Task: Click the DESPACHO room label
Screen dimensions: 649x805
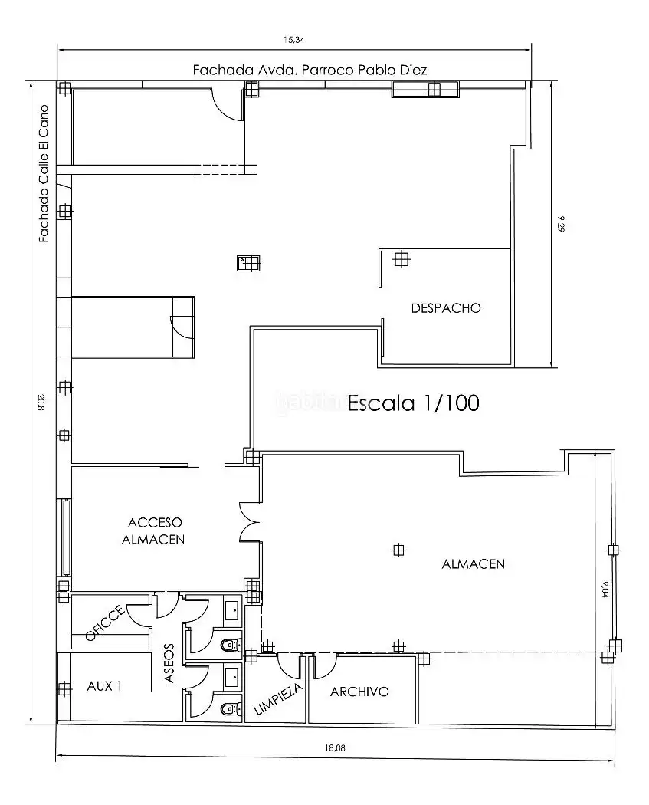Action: pyautogui.click(x=446, y=308)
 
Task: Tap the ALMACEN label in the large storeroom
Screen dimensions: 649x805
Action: pyautogui.click(x=473, y=564)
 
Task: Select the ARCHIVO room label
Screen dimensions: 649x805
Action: pyautogui.click(x=359, y=692)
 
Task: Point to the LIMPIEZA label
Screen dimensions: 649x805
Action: pyautogui.click(x=278, y=698)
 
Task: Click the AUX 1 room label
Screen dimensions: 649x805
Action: pyautogui.click(x=104, y=686)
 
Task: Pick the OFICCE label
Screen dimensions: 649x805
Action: pyautogui.click(x=105, y=623)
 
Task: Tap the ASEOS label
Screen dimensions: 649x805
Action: pyautogui.click(x=169, y=663)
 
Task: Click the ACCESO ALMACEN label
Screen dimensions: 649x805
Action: pyautogui.click(x=154, y=531)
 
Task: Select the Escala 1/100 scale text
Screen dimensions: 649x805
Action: pyautogui.click(x=414, y=403)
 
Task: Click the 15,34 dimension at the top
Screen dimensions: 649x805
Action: pyautogui.click(x=294, y=40)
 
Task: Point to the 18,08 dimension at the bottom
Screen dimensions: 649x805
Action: pyautogui.click(x=335, y=748)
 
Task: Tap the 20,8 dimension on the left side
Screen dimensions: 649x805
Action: pyautogui.click(x=41, y=402)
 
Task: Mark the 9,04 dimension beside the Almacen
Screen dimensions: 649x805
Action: pyautogui.click(x=605, y=590)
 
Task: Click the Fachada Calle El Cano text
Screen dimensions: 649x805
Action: pyautogui.click(x=44, y=173)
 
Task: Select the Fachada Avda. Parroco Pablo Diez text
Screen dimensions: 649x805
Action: pyautogui.click(x=310, y=70)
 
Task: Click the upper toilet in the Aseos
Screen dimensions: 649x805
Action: pyautogui.click(x=230, y=644)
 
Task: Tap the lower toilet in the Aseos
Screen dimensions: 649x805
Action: pyautogui.click(x=230, y=709)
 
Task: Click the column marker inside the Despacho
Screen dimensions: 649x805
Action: pyautogui.click(x=402, y=259)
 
